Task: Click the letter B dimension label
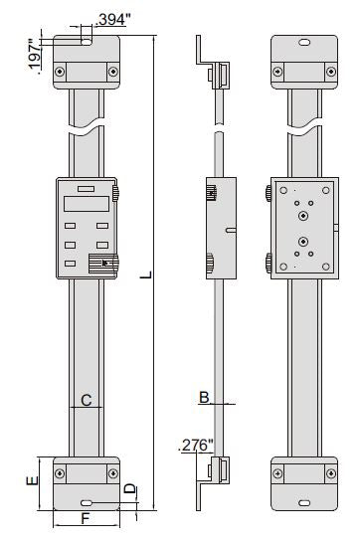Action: pos(203,397)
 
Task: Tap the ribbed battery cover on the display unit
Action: pos(102,264)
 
